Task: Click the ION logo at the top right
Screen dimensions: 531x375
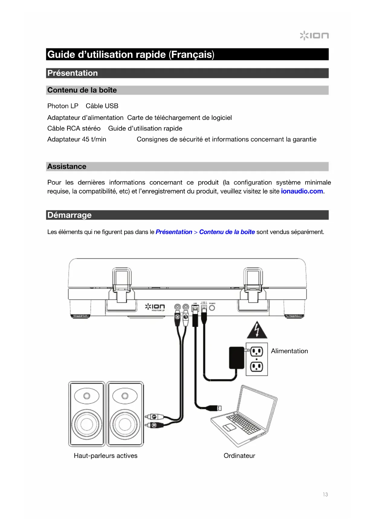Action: click(314, 35)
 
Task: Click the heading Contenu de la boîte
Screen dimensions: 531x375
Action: click(82, 90)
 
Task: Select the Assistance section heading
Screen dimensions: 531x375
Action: click(67, 167)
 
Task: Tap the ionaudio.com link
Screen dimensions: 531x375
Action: click(302, 191)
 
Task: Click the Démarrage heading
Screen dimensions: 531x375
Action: click(70, 215)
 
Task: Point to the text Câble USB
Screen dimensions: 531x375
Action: click(102, 106)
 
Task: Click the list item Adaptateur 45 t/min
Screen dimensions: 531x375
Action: click(77, 139)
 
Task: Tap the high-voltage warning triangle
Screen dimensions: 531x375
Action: click(257, 331)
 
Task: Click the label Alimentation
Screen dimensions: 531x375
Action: click(289, 351)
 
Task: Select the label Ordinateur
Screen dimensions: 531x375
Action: click(239, 456)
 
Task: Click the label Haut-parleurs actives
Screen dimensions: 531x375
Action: click(105, 456)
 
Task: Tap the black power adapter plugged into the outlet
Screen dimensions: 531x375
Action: click(237, 358)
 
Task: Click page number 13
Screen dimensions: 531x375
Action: click(325, 494)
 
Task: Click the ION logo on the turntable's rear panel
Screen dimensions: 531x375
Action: click(155, 307)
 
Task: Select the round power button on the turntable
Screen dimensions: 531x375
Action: click(212, 308)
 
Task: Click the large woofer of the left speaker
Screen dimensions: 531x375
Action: click(87, 424)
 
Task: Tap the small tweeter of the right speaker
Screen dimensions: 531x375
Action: click(125, 396)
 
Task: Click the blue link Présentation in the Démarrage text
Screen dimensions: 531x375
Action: click(174, 232)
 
